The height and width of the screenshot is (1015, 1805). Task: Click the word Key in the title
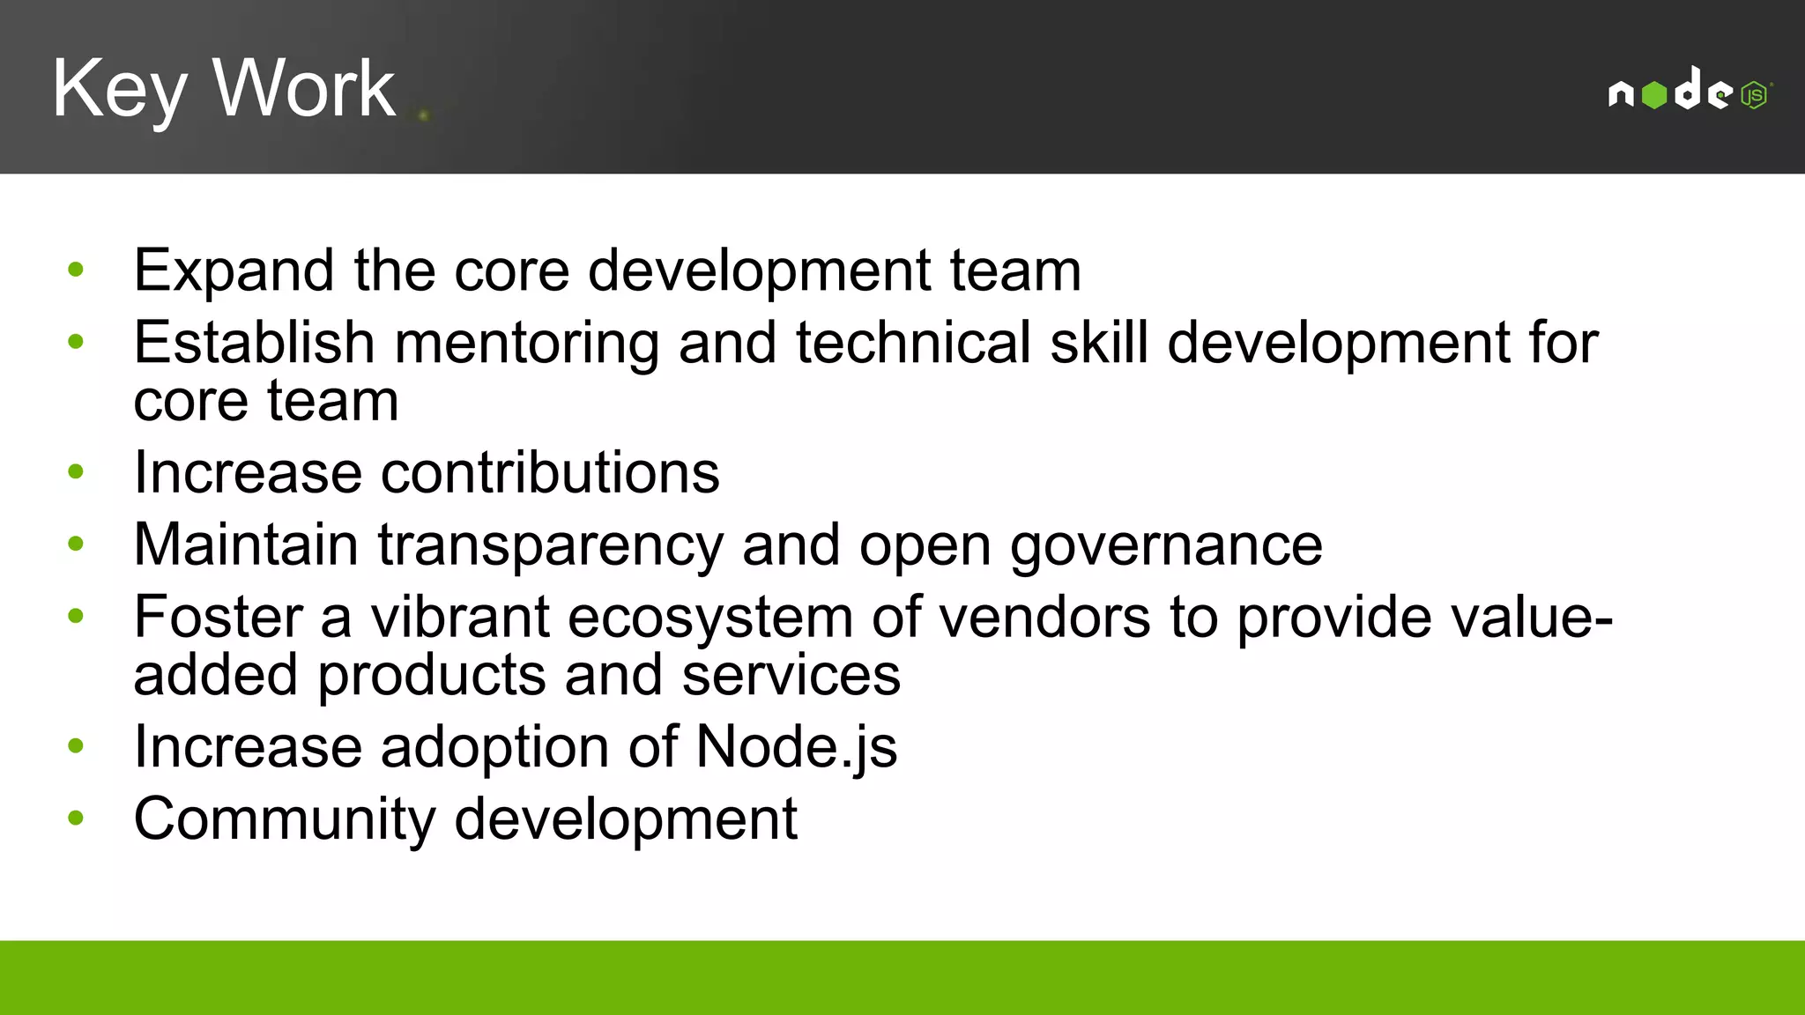click(x=119, y=88)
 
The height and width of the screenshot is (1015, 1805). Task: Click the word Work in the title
click(x=304, y=88)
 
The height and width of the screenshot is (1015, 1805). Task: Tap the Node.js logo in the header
click(x=1690, y=91)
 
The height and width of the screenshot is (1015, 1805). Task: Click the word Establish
click(x=254, y=343)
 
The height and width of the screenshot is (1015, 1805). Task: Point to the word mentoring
click(x=526, y=343)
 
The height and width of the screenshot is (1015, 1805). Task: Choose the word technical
click(x=913, y=343)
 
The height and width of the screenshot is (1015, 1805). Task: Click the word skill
click(x=1099, y=343)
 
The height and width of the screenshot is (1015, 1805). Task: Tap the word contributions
click(x=550, y=473)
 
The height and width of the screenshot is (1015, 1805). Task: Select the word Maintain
click(x=246, y=545)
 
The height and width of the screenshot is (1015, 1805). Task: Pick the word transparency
click(x=550, y=545)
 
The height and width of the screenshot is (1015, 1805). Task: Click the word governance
click(x=1166, y=545)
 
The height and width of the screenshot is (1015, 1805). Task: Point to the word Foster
click(x=218, y=617)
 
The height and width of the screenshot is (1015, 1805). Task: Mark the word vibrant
click(x=460, y=617)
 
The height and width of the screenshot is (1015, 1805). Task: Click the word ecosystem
click(x=710, y=617)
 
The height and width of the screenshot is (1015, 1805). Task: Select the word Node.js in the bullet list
click(x=797, y=747)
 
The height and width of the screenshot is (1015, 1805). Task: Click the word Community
click(x=284, y=819)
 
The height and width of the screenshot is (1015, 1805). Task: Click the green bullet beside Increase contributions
click(x=76, y=472)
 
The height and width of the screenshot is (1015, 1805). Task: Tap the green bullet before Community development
click(x=76, y=819)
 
